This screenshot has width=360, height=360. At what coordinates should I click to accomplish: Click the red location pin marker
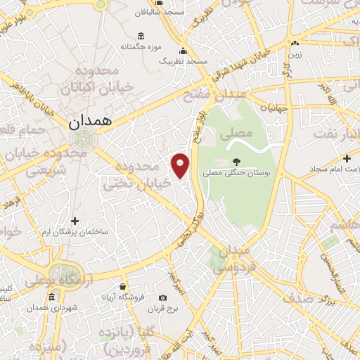pos(181,165)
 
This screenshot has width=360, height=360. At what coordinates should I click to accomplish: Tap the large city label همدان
pos(91,121)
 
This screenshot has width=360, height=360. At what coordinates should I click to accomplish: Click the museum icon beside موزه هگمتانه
pos(142,37)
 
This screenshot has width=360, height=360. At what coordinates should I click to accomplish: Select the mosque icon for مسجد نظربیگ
pos(184,51)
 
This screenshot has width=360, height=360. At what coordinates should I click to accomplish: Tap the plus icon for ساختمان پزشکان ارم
pos(75,222)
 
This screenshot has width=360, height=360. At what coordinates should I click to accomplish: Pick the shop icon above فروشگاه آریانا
pos(124,286)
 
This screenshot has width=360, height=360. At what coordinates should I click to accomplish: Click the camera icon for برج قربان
pos(163,298)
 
